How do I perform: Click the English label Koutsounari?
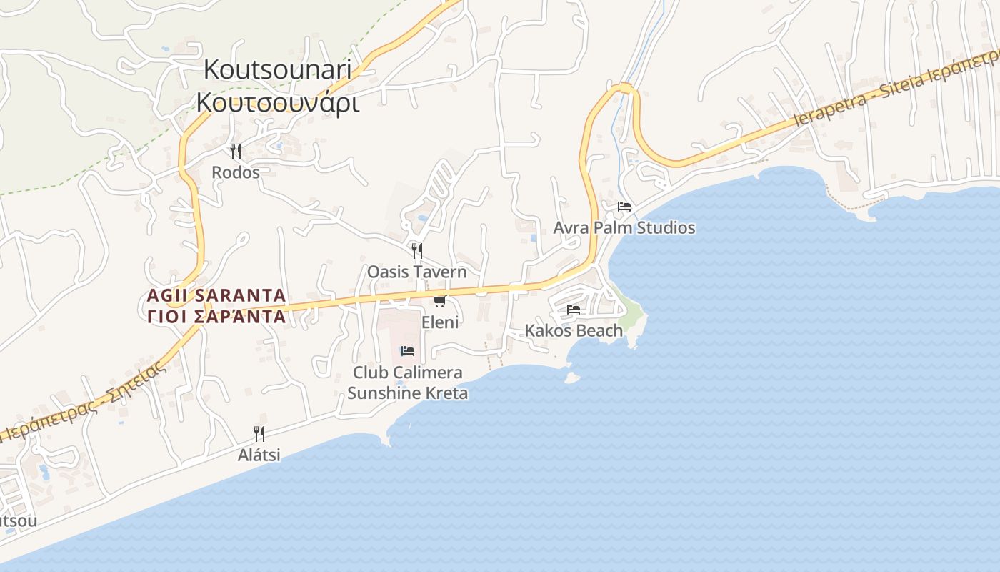(x=278, y=70)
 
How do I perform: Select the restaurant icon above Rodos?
(x=235, y=151)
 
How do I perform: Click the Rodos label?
(x=235, y=172)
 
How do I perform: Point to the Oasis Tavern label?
(x=416, y=272)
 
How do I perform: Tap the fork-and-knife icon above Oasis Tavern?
(x=417, y=250)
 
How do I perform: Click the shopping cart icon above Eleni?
(x=440, y=301)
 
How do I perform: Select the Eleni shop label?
(x=440, y=322)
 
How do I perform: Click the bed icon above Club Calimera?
(x=408, y=350)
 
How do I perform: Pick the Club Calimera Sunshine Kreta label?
(x=408, y=383)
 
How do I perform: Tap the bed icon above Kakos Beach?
(x=574, y=309)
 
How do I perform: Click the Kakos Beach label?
(x=574, y=330)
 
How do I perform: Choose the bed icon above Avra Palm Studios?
(x=624, y=207)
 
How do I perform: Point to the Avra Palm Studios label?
(x=624, y=228)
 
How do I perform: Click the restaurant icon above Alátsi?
(x=259, y=433)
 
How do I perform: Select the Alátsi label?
(x=259, y=455)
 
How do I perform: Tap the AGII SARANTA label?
(x=216, y=295)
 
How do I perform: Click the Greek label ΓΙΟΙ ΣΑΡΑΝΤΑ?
(x=216, y=317)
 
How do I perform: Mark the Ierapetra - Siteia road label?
(x=896, y=87)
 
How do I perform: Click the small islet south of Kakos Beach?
(x=571, y=378)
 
